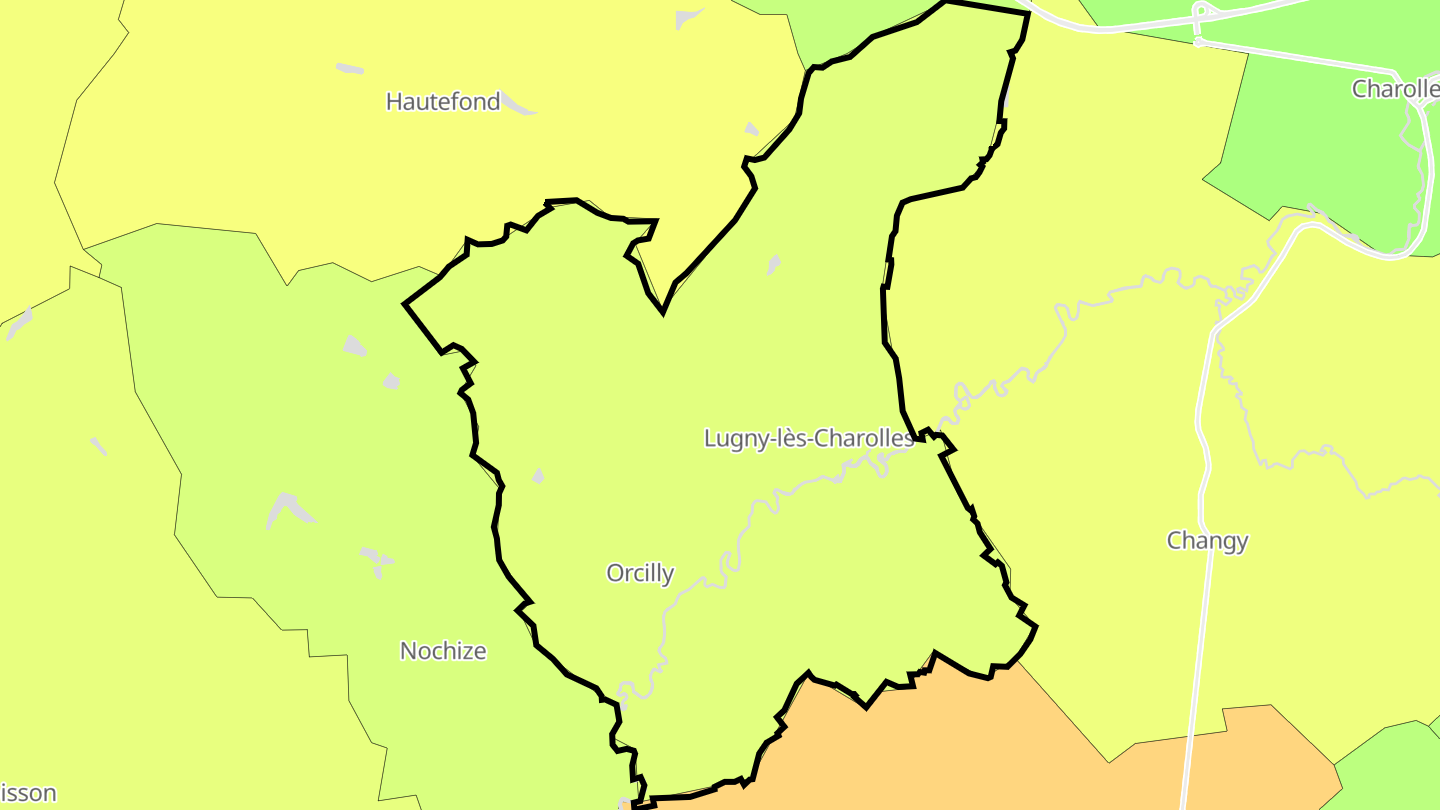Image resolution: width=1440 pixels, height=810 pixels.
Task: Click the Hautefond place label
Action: click(443, 101)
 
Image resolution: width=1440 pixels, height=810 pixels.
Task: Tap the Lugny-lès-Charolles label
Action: click(808, 438)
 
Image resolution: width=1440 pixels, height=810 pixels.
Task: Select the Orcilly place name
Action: click(640, 573)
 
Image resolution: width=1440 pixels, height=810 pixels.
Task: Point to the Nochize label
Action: click(443, 651)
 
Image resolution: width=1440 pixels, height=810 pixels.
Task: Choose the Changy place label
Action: click(1207, 541)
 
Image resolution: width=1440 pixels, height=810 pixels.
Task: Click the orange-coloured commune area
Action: click(1000, 740)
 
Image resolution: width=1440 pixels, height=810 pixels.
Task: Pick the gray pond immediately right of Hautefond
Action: click(519, 103)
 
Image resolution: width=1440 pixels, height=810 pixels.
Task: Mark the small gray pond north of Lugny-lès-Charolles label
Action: click(773, 265)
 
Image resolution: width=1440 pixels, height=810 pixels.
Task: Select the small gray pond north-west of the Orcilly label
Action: click(538, 476)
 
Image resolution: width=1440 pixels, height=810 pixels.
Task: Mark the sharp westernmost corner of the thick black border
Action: click(404, 303)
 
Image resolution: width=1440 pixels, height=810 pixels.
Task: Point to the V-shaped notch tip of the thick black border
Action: click(662, 312)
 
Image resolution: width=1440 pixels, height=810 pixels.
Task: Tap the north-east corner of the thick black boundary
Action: click(1028, 13)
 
